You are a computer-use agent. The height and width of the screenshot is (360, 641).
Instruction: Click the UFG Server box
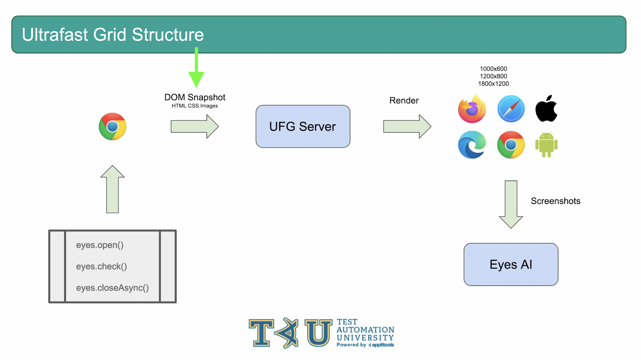click(303, 126)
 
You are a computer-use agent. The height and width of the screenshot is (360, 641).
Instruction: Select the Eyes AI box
click(511, 264)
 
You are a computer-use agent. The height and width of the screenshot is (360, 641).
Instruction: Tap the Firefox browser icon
click(472, 109)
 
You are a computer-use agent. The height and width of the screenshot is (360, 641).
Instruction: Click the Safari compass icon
click(511, 109)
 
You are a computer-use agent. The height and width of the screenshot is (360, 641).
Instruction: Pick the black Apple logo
click(546, 108)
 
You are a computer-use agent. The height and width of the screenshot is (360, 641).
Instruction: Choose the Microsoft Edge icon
click(472, 144)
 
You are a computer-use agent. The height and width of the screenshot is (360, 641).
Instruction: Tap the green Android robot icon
click(546, 144)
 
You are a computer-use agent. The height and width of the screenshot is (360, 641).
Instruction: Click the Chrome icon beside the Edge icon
click(511, 144)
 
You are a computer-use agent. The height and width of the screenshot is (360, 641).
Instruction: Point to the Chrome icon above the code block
click(112, 126)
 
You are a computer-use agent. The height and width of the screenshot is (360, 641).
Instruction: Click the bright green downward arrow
click(196, 67)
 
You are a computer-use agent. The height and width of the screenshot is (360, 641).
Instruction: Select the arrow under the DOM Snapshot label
click(195, 126)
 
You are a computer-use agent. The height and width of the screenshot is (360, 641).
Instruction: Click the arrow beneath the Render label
click(407, 126)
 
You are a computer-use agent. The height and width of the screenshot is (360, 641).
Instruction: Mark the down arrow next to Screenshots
click(511, 204)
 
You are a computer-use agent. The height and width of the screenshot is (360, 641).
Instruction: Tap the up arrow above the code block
click(112, 189)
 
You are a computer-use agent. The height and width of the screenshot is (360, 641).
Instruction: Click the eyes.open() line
click(100, 245)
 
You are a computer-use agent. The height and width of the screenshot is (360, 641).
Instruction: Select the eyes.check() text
click(102, 267)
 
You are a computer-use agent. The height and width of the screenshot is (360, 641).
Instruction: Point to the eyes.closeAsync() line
click(112, 288)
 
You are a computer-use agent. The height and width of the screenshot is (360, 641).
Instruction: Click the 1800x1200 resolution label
click(493, 84)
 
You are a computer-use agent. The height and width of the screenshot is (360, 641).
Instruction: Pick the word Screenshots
click(555, 201)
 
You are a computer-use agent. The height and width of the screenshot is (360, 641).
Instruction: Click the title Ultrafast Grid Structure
click(113, 35)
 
